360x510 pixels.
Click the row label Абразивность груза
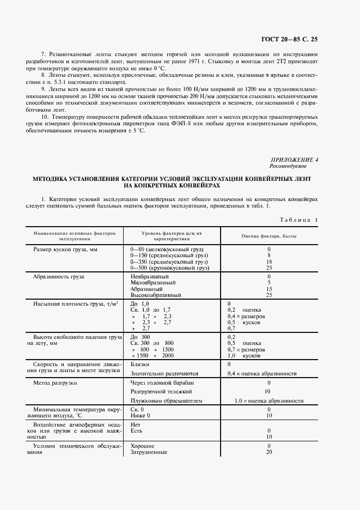point(59,276)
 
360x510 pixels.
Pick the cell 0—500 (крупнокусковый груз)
point(170,268)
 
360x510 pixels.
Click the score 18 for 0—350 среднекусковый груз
point(269,262)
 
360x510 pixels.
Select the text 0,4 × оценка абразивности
point(262,374)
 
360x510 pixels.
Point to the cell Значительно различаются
point(164,374)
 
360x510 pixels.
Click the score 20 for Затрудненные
point(269,452)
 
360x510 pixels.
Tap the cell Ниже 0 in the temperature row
point(141,416)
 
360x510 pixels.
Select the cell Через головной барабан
point(162,382)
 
